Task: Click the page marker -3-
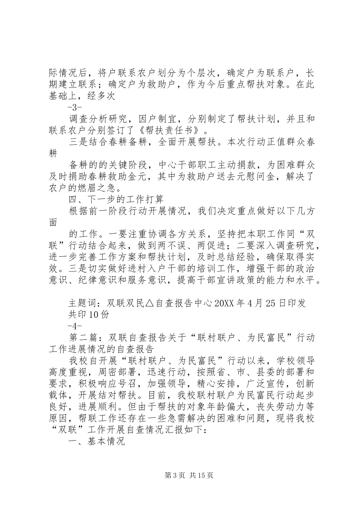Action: pos(77,106)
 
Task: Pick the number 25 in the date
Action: pos(265,303)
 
